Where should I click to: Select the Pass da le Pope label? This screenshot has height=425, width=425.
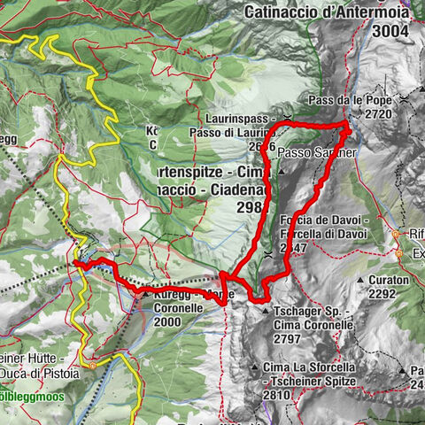[352, 100]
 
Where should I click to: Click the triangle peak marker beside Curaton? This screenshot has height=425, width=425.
[361, 280]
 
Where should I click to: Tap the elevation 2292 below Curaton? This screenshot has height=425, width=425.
[390, 294]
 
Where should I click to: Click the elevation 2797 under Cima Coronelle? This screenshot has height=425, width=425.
[293, 339]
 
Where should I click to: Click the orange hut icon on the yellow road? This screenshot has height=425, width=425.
[92, 364]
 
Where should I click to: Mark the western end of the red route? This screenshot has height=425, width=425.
[76, 263]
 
